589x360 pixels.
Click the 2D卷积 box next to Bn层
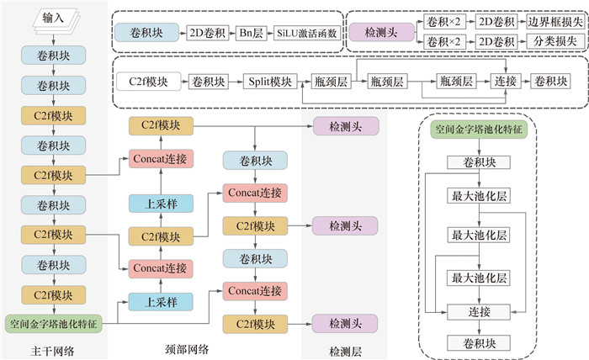point(206,32)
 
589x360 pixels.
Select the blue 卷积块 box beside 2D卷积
point(148,32)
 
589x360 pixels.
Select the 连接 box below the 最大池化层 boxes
point(478,311)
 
